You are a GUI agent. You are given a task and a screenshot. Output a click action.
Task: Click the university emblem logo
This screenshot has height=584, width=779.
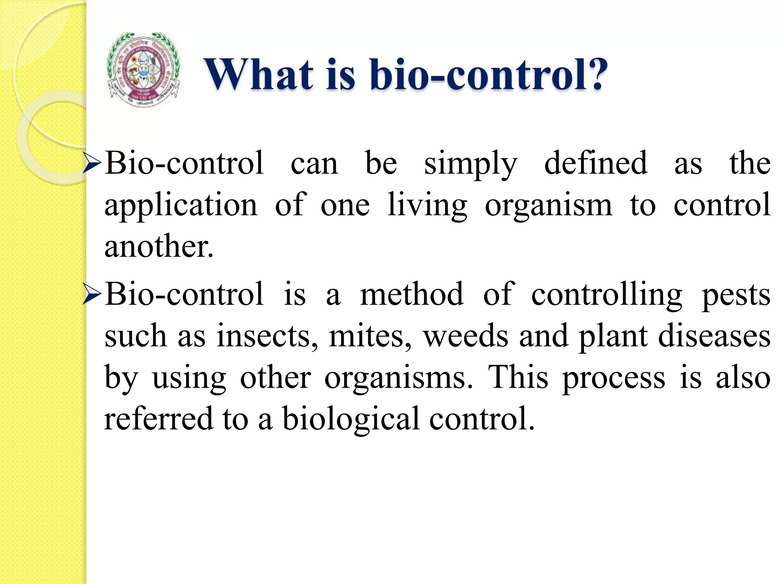click(143, 70)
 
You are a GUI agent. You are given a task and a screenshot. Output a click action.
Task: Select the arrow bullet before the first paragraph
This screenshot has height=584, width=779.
click(92, 164)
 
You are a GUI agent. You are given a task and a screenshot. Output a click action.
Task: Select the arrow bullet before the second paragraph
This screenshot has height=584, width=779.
click(92, 295)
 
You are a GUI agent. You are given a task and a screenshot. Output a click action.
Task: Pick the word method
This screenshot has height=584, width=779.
click(412, 294)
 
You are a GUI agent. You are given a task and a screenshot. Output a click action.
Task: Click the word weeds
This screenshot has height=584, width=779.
click(466, 336)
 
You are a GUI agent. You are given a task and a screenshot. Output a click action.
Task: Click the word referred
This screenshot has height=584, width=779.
click(159, 418)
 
